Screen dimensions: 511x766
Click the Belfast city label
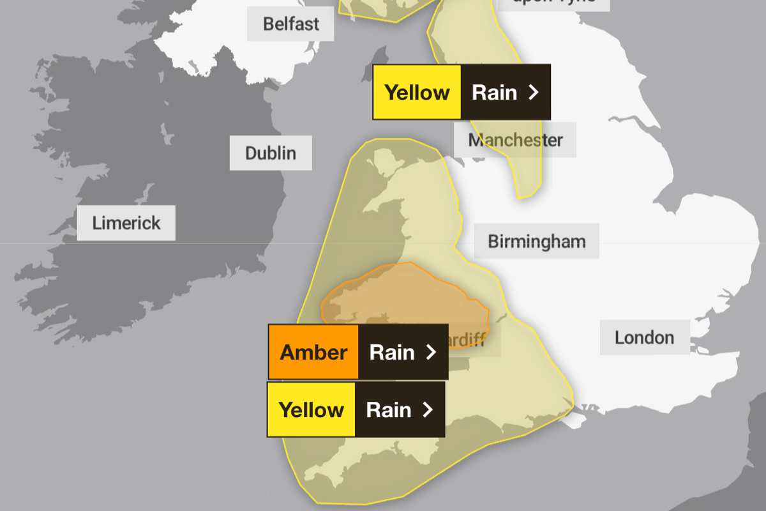(x=291, y=25)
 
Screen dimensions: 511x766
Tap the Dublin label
(x=271, y=153)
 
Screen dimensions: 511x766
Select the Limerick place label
(x=126, y=223)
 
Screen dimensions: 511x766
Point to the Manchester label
(x=516, y=140)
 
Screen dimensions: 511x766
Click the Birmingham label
(x=536, y=241)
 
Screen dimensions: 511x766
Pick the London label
(x=644, y=337)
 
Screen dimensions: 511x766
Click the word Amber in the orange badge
(x=313, y=352)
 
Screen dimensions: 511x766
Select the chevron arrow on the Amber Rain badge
(x=431, y=352)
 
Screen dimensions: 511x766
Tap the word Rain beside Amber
(x=392, y=352)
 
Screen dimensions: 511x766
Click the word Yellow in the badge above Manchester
(x=417, y=93)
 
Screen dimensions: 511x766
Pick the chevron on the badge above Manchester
(x=534, y=93)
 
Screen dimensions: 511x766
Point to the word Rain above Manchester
(x=494, y=93)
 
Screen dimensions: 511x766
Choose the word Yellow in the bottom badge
(x=312, y=409)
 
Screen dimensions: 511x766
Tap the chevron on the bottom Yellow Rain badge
(x=428, y=409)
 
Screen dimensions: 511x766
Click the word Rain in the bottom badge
(x=388, y=409)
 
